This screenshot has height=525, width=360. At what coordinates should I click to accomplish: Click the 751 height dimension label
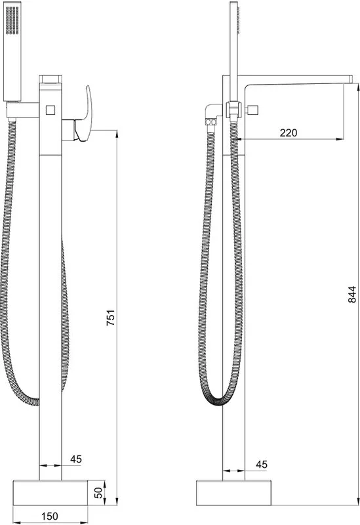coord(110,318)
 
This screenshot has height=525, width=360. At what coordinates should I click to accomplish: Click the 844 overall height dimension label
coord(352,295)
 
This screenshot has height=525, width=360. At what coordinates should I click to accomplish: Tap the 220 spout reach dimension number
coord(289,133)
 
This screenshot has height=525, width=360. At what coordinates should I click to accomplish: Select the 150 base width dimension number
coord(50,516)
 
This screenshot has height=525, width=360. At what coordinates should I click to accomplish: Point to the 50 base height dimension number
coord(98,493)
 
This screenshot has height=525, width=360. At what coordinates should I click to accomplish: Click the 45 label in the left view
coord(76,459)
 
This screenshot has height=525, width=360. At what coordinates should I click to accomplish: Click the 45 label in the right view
coord(262,465)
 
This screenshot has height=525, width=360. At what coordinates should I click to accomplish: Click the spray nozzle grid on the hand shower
coord(12,20)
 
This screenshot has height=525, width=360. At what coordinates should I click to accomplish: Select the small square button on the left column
coord(50,110)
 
